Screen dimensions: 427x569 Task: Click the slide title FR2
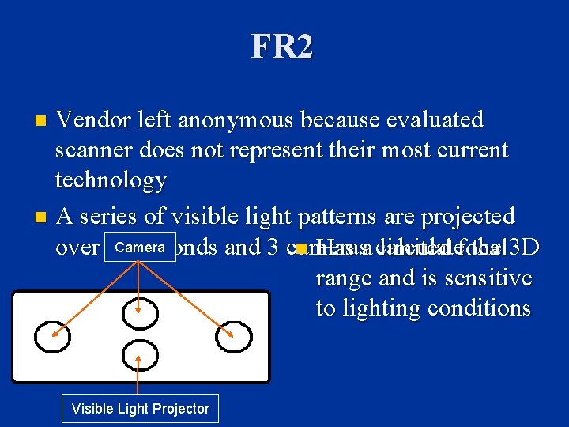[x=282, y=47]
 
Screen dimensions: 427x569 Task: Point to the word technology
[x=110, y=180]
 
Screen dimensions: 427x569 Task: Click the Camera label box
[x=139, y=248]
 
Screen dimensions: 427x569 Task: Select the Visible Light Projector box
[x=140, y=409]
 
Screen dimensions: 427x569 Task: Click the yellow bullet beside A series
[x=42, y=217]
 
